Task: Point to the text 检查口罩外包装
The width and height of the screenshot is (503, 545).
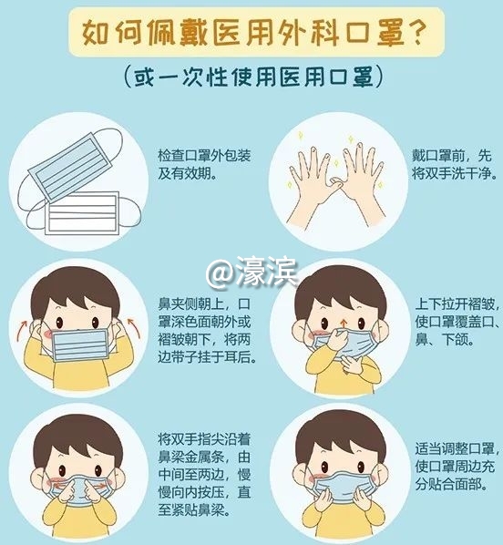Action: tap(204, 155)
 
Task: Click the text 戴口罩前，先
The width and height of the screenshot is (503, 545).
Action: tap(452, 155)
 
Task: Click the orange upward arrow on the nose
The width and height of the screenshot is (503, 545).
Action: tap(344, 323)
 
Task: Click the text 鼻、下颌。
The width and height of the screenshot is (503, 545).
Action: tap(445, 339)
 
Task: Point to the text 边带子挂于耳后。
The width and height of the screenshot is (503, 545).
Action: tap(207, 357)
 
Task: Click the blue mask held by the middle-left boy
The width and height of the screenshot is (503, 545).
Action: tap(81, 345)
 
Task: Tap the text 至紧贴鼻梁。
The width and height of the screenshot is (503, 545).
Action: tap(194, 509)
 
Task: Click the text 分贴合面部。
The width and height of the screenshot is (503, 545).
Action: tap(451, 484)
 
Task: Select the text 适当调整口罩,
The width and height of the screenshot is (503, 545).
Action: tap(457, 448)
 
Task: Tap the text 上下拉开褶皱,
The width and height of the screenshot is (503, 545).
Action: tap(457, 304)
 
